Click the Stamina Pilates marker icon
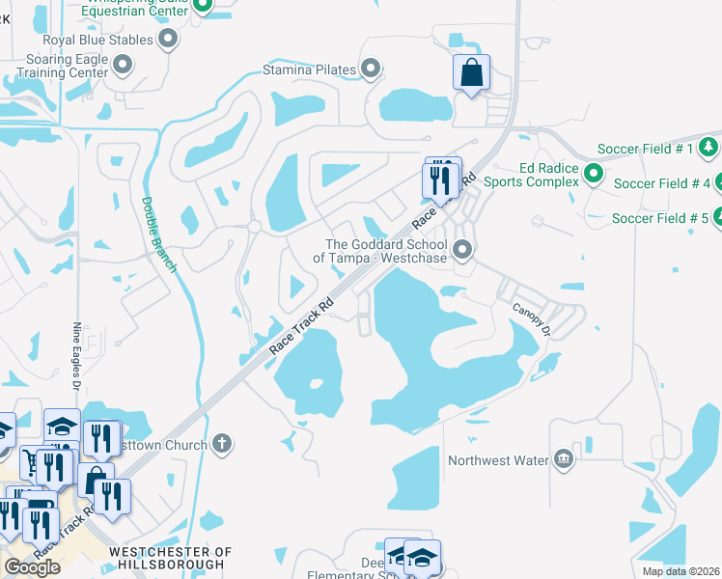[x=371, y=69]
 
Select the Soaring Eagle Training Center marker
[x=123, y=65]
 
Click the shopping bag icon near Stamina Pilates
[x=471, y=73]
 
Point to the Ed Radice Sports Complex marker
[x=594, y=174]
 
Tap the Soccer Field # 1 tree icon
[x=707, y=148]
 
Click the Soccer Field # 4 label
[x=661, y=183]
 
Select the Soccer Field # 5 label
[x=660, y=218]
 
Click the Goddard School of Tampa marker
[x=463, y=251]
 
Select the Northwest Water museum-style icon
[x=564, y=460]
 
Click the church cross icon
[x=222, y=445]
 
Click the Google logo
[x=32, y=567]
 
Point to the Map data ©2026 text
[x=680, y=571]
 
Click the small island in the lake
[x=315, y=385]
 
